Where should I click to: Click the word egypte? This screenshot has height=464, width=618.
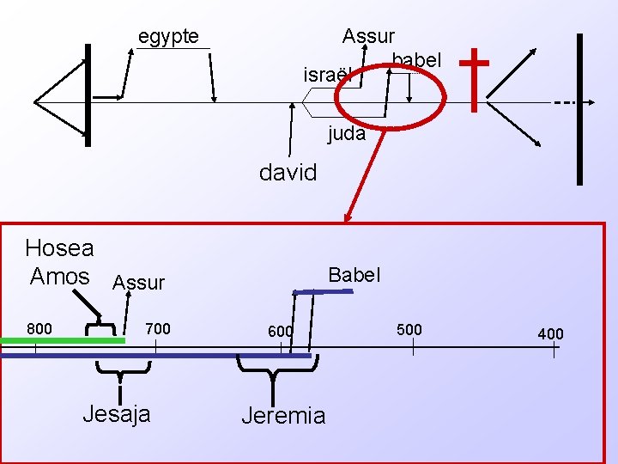pos(168,36)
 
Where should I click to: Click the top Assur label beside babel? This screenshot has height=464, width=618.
pos(368,36)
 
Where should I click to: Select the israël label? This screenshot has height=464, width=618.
pos(327,76)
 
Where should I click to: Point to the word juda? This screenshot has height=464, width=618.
pos(346,134)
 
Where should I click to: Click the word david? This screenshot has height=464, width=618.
pos(288,172)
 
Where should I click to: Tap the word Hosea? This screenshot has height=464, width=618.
pos(59,248)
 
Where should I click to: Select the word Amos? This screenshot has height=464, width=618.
pos(59,276)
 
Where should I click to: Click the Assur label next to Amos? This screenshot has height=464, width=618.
pos(138,283)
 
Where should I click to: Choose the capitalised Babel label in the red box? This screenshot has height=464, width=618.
pos(354,275)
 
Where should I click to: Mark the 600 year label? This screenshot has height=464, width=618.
pos(280,332)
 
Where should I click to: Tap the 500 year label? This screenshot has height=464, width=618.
pos(409,329)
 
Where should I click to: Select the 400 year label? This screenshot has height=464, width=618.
pos(550,333)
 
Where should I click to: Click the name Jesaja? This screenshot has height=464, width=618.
pos(116,413)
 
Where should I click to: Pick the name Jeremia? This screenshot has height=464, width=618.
pos(283,417)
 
